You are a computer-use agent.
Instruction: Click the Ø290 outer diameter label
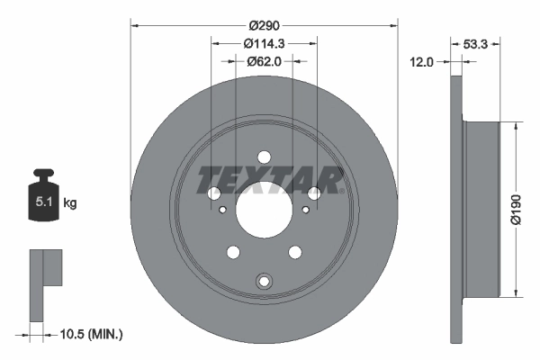click(x=264, y=28)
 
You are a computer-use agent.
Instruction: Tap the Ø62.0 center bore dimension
click(x=264, y=63)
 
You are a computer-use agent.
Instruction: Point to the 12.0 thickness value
click(x=421, y=62)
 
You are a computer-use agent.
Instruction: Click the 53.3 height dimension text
click(x=476, y=42)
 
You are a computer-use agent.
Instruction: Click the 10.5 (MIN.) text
click(x=91, y=334)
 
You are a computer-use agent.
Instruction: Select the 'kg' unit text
click(x=70, y=203)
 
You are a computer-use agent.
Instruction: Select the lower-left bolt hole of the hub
click(x=233, y=252)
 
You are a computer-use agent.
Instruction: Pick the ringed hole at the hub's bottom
click(x=264, y=282)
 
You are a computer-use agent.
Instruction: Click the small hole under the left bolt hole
click(x=221, y=210)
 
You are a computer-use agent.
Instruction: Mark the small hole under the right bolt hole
click(x=306, y=210)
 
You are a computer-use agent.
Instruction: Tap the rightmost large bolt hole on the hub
click(x=313, y=193)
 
